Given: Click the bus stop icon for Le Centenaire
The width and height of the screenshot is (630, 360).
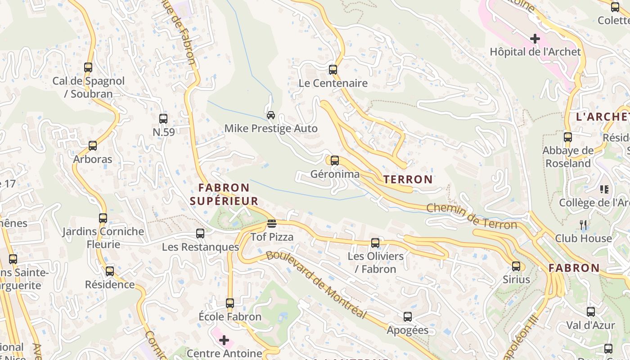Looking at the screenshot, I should click(333, 70).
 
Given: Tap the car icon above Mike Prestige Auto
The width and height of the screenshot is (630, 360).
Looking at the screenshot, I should click(271, 115).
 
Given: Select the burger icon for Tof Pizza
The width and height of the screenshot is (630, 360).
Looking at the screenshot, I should click(271, 223).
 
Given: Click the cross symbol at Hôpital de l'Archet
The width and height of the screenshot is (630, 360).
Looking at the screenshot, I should click(535, 39).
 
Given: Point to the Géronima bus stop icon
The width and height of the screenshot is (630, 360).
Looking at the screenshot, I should click(334, 161).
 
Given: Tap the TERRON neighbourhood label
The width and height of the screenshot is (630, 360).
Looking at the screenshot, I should click(408, 180).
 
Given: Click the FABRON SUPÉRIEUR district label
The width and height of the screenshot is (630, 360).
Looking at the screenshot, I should click(224, 194).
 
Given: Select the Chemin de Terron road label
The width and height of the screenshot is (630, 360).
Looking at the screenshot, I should click(471, 216).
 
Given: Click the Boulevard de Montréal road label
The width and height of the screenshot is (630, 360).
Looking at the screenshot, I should click(316, 284).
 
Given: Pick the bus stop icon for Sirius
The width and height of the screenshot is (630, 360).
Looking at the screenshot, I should click(516, 266).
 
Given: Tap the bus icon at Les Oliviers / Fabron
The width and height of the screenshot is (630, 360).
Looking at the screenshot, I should click(375, 243).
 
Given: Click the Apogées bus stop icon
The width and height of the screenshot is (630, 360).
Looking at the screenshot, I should click(408, 317).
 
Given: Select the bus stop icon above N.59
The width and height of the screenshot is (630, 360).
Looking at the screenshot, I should click(163, 119).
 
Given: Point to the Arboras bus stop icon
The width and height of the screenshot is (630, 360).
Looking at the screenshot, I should click(93, 146).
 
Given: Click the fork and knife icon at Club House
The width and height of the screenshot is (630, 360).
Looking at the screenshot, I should click(584, 224).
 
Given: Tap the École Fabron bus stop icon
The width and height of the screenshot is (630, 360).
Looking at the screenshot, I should click(230, 303).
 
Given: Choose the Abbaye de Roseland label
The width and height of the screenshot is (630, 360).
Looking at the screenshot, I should click(568, 157).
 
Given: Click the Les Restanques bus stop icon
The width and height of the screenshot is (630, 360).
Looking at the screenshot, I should click(200, 234).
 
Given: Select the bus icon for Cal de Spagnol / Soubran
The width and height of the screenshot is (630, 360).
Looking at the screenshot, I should click(88, 67).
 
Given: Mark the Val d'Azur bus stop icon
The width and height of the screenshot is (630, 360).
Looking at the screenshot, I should click(590, 312).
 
